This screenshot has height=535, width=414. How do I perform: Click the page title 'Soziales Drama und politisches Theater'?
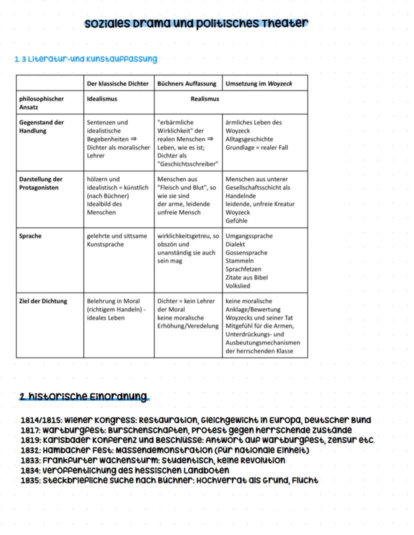(x=196, y=23)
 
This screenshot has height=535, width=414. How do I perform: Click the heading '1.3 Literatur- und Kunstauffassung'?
(x=85, y=59)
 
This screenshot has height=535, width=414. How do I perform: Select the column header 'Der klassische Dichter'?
(x=118, y=83)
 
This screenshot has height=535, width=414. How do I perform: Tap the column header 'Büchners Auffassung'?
(x=187, y=83)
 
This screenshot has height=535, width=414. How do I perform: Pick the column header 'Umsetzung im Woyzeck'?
(x=258, y=83)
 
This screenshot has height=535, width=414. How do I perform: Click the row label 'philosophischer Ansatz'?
(x=41, y=103)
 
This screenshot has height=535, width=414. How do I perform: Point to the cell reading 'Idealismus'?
(x=102, y=99)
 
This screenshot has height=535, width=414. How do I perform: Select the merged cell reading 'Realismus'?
(x=205, y=99)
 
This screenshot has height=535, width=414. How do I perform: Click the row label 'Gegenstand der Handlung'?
(x=41, y=126)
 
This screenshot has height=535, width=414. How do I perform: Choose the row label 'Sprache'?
(x=30, y=236)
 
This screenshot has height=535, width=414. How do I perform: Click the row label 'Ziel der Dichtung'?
(x=43, y=301)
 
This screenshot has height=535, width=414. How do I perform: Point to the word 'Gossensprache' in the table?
(x=246, y=252)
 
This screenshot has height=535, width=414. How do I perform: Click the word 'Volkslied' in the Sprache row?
(x=238, y=285)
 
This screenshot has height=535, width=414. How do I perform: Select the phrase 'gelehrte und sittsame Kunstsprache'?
(x=117, y=240)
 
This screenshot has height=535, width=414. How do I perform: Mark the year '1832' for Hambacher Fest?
(x=30, y=450)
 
